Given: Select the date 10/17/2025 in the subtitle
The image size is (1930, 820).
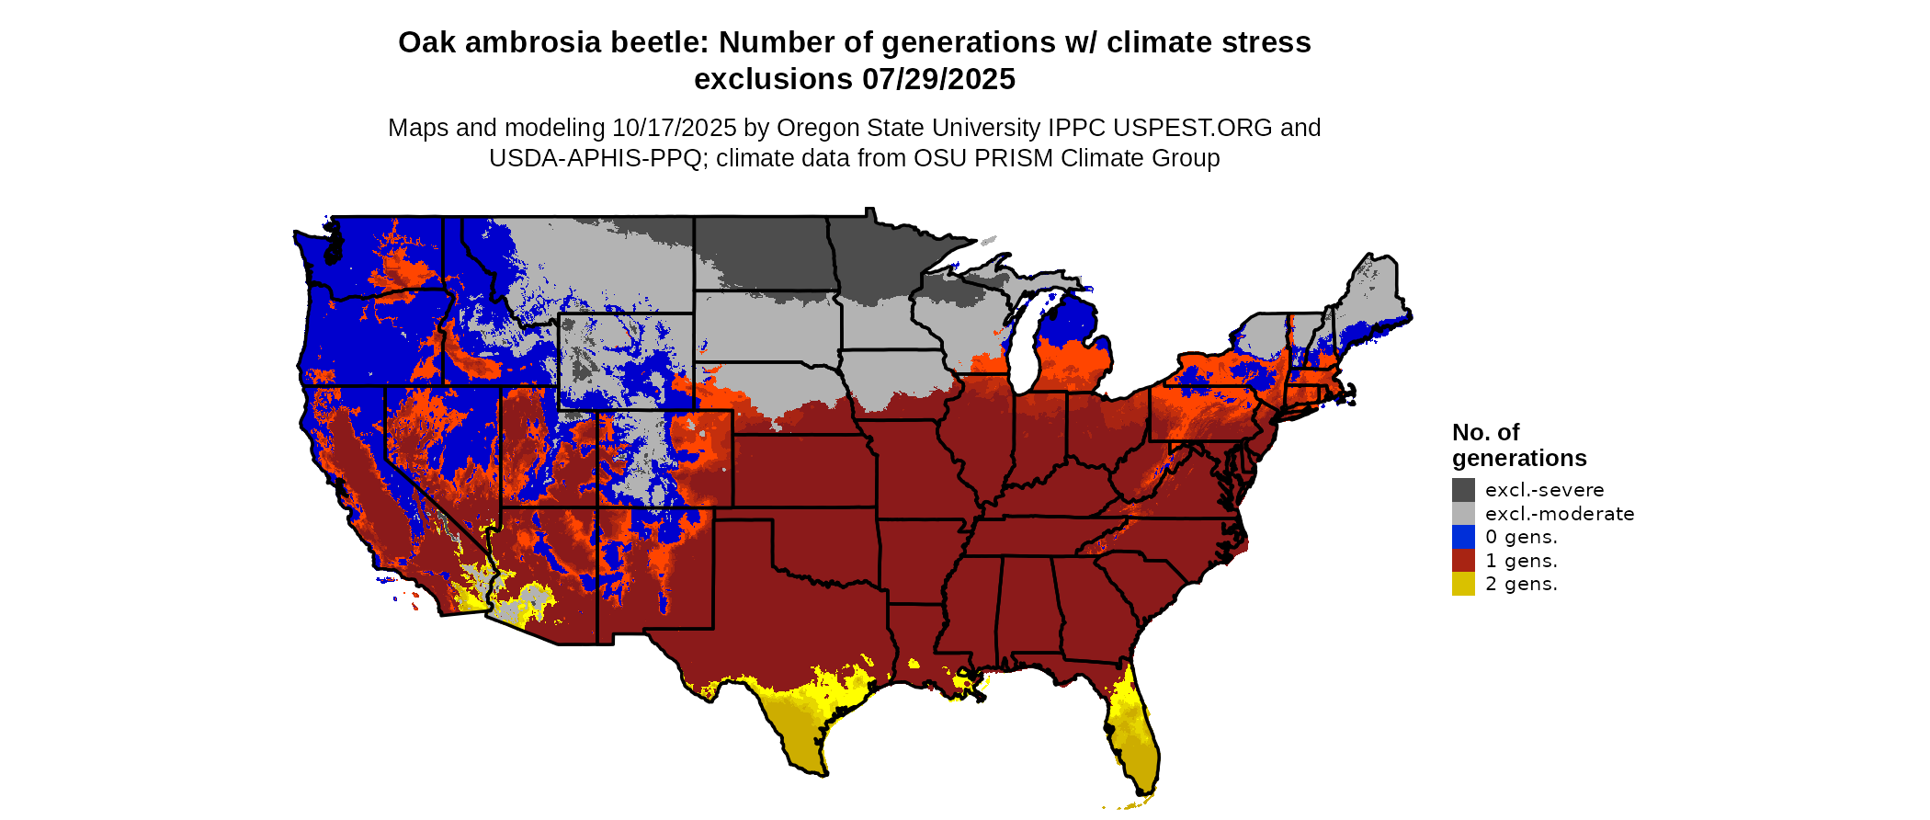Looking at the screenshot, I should pyautogui.click(x=675, y=128).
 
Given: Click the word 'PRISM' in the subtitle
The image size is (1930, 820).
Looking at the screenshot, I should pyautogui.click(x=1014, y=158).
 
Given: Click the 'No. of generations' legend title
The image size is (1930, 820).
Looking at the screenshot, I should pyautogui.click(x=1519, y=445).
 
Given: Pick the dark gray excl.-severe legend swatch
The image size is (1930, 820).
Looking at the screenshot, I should pyautogui.click(x=1463, y=490).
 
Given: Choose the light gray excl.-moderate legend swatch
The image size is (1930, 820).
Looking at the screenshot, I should pyautogui.click(x=1463, y=513).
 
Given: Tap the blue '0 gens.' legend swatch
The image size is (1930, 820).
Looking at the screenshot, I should pyautogui.click(x=1463, y=537).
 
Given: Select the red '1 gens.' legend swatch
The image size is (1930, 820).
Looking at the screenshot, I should pyautogui.click(x=1463, y=561).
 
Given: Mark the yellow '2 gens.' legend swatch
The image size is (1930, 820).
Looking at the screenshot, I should pyautogui.click(x=1463, y=584).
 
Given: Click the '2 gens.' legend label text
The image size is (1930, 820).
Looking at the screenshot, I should pyautogui.click(x=1521, y=584).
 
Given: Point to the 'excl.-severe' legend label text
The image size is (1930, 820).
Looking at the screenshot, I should pyautogui.click(x=1544, y=490).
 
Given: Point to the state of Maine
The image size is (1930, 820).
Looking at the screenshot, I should pyautogui.click(x=1374, y=294).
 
